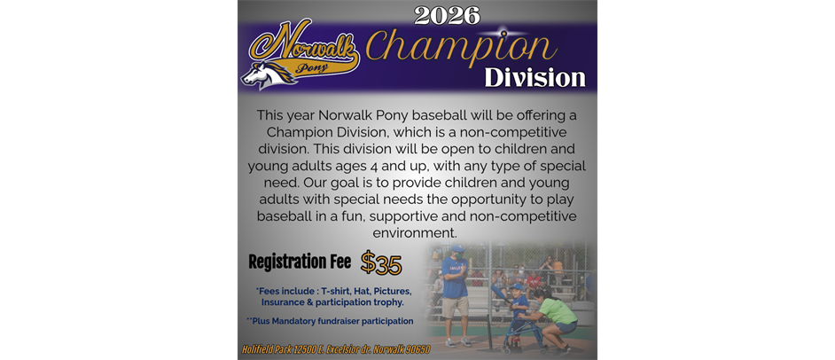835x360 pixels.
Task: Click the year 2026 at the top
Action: (x=447, y=15)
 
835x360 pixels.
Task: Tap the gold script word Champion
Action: (x=460, y=45)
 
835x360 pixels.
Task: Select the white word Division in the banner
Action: (x=535, y=77)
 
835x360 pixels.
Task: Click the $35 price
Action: (x=381, y=264)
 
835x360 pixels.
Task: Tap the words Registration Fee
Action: (x=300, y=262)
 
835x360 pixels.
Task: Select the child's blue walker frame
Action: (x=519, y=336)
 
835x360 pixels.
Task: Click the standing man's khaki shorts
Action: (x=456, y=307)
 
